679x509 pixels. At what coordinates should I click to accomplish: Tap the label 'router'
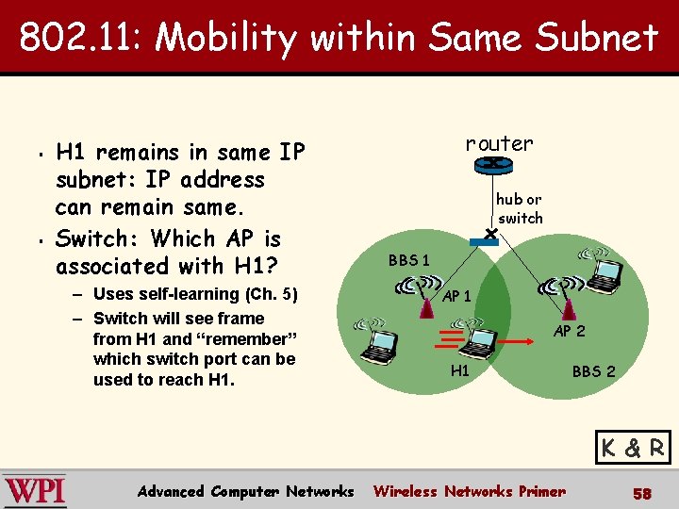point(499,143)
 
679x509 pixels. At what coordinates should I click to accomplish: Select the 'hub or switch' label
point(520,208)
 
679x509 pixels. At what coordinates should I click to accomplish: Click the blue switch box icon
point(484,241)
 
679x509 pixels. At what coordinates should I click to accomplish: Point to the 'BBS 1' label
point(409,260)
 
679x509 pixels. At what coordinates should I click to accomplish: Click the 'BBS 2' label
point(593,371)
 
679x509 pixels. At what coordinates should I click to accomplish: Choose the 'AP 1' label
point(457,296)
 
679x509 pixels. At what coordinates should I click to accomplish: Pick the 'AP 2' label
point(569,331)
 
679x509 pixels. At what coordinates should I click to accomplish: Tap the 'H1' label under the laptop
point(460,370)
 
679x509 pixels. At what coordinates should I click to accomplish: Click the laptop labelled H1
point(483,340)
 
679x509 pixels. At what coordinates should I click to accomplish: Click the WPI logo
point(35,491)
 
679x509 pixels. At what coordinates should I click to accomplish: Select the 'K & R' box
point(633,448)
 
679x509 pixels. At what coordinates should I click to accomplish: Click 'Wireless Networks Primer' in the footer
point(470,491)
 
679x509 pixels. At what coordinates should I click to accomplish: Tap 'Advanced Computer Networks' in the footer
point(245,491)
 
